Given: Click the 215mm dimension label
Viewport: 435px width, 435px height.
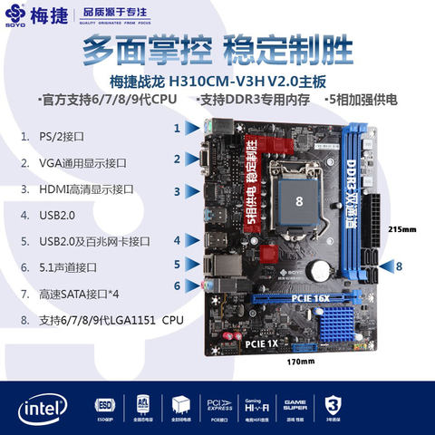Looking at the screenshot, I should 401,228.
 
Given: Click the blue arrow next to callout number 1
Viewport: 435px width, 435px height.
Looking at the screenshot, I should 192,130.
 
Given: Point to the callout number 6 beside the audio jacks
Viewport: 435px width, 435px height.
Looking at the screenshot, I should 178,285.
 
